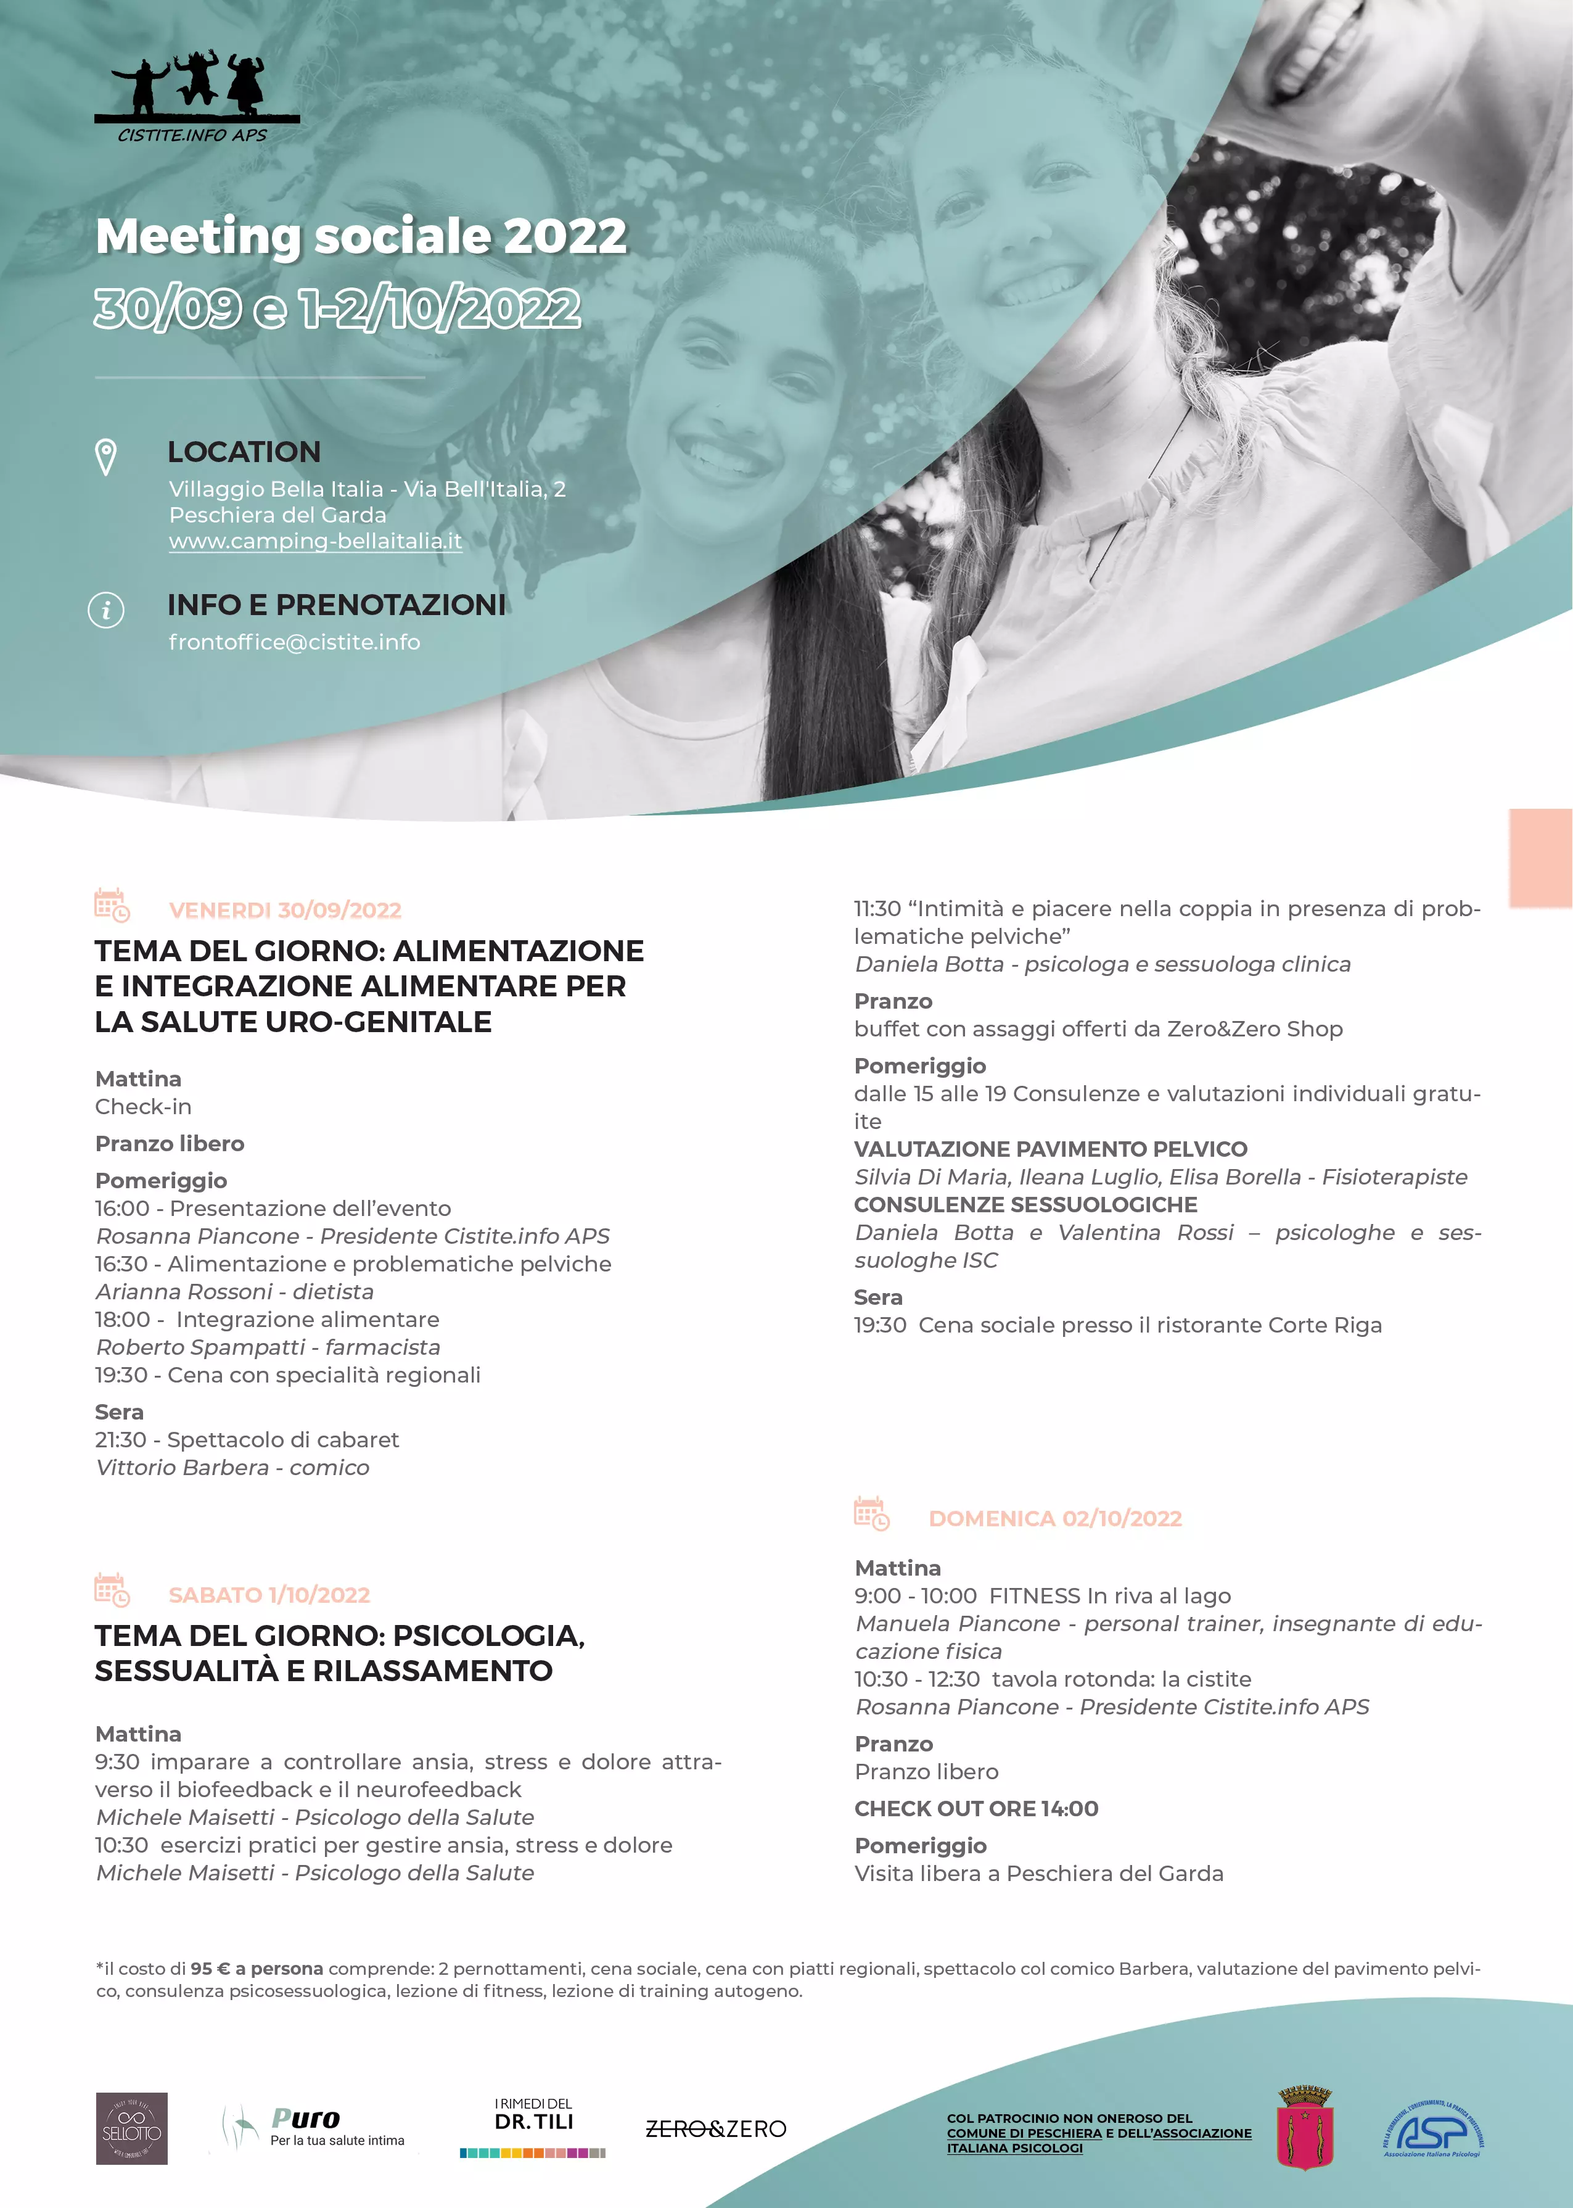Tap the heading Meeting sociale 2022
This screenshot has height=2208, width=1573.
coord(361,236)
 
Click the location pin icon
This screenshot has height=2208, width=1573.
coord(105,457)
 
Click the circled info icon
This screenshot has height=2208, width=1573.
coord(105,610)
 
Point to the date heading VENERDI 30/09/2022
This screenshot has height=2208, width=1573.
coord(285,910)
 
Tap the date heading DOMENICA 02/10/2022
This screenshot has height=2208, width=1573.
coord(1055,1518)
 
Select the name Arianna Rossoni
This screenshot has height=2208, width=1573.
coord(184,1291)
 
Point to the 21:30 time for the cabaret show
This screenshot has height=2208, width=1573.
coord(120,1440)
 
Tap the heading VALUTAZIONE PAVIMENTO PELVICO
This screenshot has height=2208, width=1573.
coord(1050,1149)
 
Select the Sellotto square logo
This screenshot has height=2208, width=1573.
coord(132,2128)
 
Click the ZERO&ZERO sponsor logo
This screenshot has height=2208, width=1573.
coord(716,2128)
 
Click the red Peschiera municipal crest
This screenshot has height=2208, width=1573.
coord(1305,2128)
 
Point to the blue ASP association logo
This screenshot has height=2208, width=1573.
coord(1432,2130)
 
